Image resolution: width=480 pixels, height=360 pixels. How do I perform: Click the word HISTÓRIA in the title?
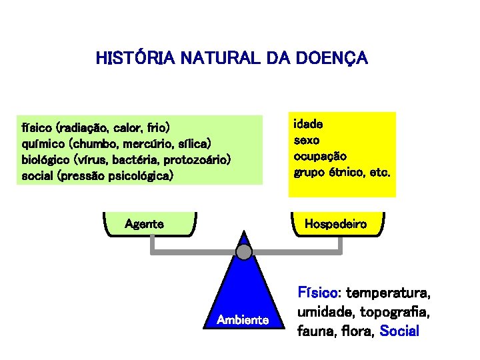131,59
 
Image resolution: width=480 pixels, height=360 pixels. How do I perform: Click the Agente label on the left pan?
145,224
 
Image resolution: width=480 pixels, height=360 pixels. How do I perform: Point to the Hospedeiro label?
335,224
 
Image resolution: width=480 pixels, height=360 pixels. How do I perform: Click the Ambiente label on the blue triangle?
243,320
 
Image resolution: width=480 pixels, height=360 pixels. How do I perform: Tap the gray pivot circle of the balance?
245,251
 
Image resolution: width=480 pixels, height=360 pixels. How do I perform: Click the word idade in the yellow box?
309,124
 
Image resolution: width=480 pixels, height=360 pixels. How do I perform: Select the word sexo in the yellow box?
307,140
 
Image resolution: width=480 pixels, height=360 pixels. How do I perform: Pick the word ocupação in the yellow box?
320,156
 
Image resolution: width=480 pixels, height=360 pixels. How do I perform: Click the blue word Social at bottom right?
399,331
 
